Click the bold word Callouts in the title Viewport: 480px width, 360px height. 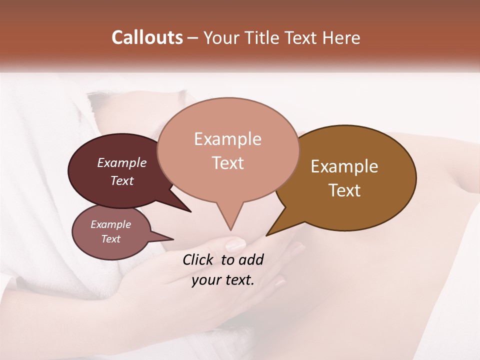[x=147, y=37]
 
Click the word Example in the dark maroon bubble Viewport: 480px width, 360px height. [x=122, y=162]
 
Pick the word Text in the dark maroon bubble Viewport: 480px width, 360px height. [x=122, y=180]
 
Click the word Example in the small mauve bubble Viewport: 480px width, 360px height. [x=110, y=224]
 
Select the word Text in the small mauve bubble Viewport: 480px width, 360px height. [x=111, y=239]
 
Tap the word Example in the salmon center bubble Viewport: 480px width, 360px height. [x=227, y=139]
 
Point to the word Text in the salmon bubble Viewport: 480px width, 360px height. [x=228, y=163]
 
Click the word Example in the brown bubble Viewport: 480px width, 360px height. [x=344, y=166]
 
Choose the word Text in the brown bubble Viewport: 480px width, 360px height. [x=344, y=190]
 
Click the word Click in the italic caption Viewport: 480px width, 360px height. [x=198, y=259]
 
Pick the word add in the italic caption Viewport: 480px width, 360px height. [x=250, y=259]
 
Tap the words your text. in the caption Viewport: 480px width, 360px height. [x=222, y=280]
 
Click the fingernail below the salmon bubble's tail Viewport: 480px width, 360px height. [x=235, y=244]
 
